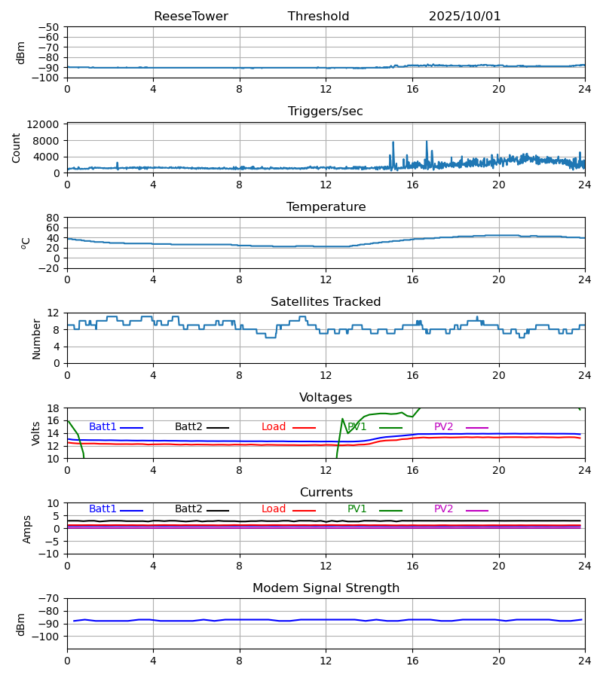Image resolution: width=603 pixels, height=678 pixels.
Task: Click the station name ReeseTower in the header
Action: [x=191, y=17]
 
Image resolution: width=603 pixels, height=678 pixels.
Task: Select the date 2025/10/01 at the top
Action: [x=464, y=17]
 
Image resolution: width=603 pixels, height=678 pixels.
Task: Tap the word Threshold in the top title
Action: [x=318, y=17]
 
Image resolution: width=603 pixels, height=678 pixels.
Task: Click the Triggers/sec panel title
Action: [x=326, y=111]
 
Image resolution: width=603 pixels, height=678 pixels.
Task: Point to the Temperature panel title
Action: [x=326, y=207]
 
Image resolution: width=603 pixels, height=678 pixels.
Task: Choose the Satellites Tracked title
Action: [x=326, y=302]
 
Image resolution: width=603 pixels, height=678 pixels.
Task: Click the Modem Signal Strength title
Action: [x=326, y=588]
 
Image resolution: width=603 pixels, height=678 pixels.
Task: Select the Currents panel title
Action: [x=326, y=493]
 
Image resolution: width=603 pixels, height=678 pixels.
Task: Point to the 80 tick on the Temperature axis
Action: [x=53, y=218]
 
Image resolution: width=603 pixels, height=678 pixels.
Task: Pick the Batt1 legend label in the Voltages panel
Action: [x=103, y=427]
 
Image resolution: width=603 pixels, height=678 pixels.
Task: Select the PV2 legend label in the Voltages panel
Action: [x=443, y=427]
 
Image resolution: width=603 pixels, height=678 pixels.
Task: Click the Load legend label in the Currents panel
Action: [x=274, y=509]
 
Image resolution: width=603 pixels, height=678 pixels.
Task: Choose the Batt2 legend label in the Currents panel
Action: [x=188, y=509]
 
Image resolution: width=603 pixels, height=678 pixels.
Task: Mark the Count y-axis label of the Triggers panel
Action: [x=17, y=148]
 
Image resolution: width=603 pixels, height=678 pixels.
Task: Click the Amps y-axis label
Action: [x=27, y=529]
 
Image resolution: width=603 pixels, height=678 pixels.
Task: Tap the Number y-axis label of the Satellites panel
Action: [x=37, y=338]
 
